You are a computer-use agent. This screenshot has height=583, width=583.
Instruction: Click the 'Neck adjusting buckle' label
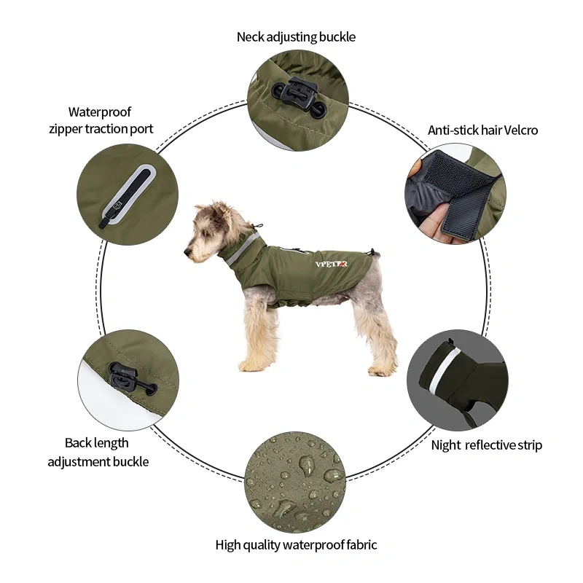click(296, 36)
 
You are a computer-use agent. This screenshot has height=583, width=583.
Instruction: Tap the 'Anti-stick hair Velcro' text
click(482, 130)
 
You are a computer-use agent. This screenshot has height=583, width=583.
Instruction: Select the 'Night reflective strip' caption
click(486, 445)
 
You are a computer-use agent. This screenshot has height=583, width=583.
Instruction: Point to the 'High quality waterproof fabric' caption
click(296, 544)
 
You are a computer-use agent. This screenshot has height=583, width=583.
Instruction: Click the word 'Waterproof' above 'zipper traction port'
click(100, 111)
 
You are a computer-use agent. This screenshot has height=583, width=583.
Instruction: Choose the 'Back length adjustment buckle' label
click(98, 452)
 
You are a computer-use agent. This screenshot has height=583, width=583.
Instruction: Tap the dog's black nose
click(187, 253)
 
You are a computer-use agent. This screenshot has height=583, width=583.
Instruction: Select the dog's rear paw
click(379, 370)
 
